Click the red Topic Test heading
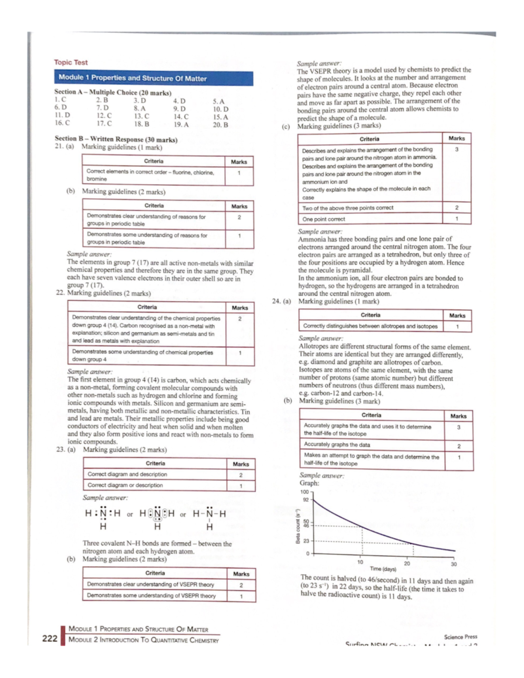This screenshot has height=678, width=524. (71, 62)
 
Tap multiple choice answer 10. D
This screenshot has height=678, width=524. (221, 109)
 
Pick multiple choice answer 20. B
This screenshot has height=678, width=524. (221, 125)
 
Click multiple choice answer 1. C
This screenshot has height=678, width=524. (60, 100)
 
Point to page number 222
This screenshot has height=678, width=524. (50, 638)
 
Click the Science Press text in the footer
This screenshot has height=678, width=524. (460, 637)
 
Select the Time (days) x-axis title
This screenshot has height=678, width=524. (383, 569)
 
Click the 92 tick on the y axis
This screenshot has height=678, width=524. (306, 499)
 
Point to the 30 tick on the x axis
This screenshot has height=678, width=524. (454, 564)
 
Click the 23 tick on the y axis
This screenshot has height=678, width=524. (306, 541)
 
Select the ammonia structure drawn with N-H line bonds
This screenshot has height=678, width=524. (210, 519)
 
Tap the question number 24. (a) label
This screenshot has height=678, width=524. (281, 301)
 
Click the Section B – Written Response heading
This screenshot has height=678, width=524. (116, 140)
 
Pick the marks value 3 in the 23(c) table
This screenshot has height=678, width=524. (457, 149)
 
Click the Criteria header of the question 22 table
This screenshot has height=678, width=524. (147, 307)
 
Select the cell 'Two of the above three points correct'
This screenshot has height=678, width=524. (348, 208)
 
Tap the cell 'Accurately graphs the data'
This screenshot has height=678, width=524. (337, 445)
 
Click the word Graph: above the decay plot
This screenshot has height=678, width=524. (309, 483)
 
